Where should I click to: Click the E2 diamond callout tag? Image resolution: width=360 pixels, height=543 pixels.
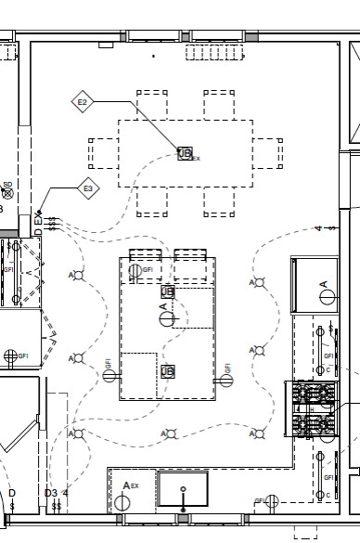(x=83, y=101)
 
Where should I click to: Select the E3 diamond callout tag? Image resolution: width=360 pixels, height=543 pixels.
(x=88, y=188)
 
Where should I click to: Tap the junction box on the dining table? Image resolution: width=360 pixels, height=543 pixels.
(x=185, y=153)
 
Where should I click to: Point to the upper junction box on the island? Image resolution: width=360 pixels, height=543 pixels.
(x=168, y=292)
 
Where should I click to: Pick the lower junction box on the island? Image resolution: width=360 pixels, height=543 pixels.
(x=168, y=371)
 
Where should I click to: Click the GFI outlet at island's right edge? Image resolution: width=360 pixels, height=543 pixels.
(x=225, y=381)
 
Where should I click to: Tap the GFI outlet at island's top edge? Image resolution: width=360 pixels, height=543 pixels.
(x=135, y=271)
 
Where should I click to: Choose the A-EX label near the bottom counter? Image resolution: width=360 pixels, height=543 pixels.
(x=131, y=486)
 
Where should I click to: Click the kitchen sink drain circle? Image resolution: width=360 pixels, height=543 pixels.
(x=183, y=489)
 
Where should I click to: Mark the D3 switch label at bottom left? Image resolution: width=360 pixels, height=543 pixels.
(x=51, y=493)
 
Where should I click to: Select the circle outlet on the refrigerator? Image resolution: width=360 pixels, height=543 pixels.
(x=326, y=296)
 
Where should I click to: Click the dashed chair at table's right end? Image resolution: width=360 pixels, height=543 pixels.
(x=268, y=153)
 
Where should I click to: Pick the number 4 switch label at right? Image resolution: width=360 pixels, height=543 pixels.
(x=318, y=227)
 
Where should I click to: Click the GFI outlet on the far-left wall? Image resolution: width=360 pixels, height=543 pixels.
(x=11, y=356)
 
